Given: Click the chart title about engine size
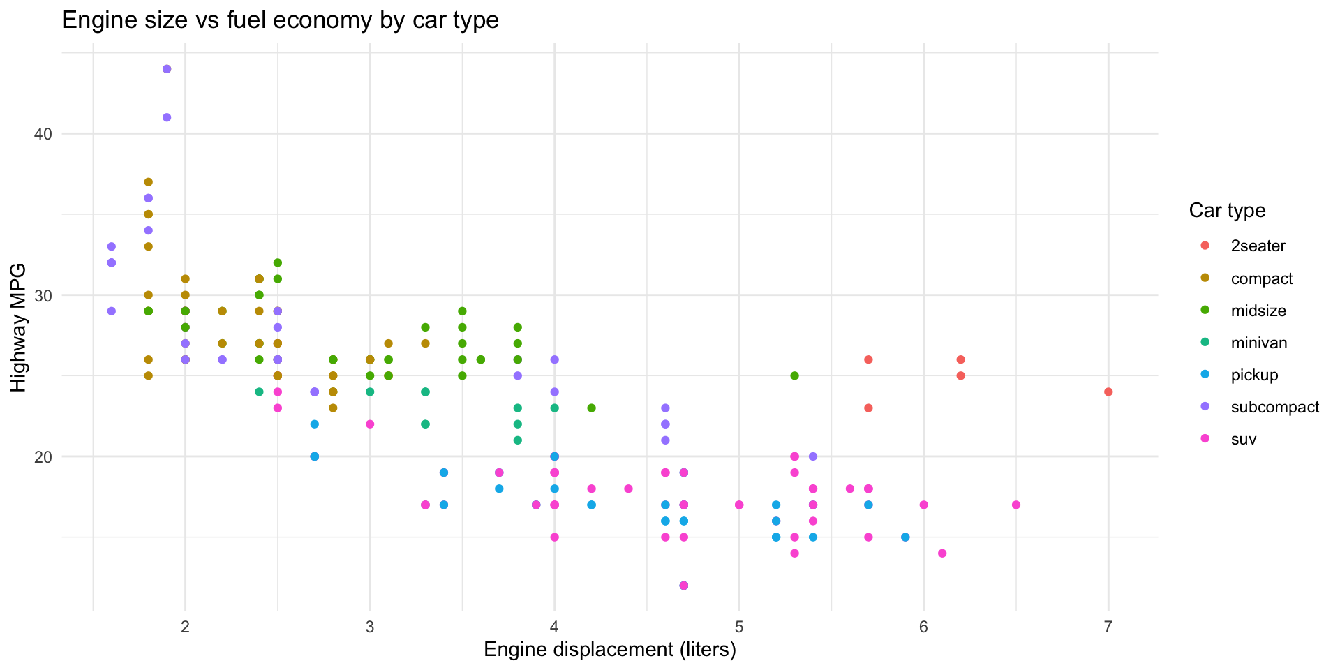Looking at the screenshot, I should (x=280, y=20).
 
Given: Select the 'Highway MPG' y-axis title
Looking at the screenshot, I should (x=19, y=327).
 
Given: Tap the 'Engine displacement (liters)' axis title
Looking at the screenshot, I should (x=609, y=650).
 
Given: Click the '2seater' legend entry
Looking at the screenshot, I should (x=1258, y=246).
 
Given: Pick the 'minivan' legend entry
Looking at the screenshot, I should (x=1258, y=343).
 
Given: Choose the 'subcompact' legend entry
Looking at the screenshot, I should (x=1274, y=407).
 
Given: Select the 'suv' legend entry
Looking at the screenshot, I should (x=1243, y=439).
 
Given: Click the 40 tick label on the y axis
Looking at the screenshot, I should (x=43, y=134).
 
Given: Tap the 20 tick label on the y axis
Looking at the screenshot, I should (x=43, y=456).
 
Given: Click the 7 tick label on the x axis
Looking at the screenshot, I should (x=1108, y=626).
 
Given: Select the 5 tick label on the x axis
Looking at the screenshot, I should (x=739, y=626).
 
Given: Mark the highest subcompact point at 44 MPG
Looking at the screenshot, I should (x=167, y=69).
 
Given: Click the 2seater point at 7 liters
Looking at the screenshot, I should (x=1108, y=392).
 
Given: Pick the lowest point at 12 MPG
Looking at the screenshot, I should (x=683, y=586).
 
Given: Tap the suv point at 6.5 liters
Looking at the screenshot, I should (x=1016, y=505).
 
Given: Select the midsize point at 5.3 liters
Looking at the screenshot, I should (x=794, y=375).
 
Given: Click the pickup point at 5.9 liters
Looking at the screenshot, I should (x=905, y=537).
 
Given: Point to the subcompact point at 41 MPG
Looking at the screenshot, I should (x=167, y=117).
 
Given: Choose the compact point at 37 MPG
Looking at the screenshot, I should (x=148, y=182).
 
